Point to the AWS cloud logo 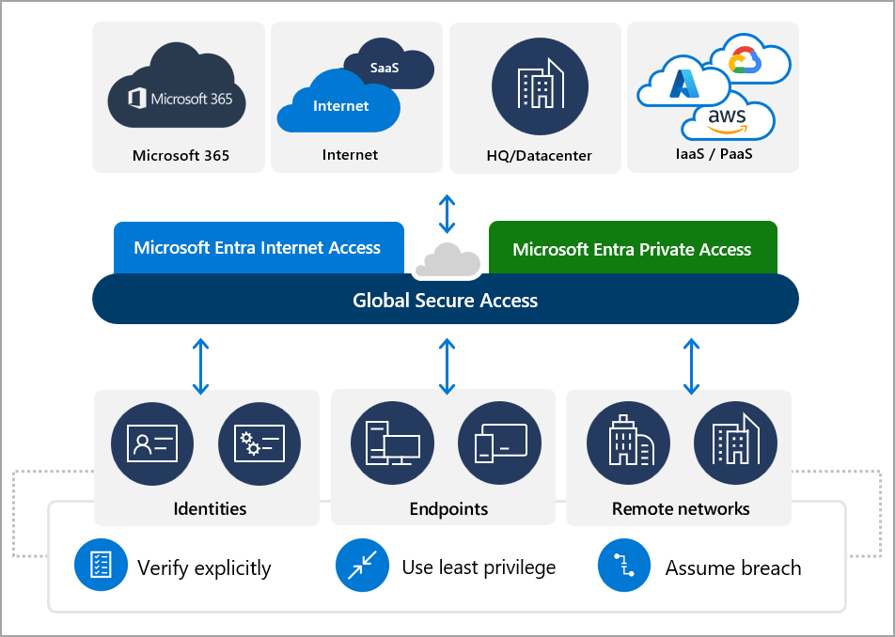coord(728,119)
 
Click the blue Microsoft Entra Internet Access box coord(258,248)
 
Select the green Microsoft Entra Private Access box coord(632,248)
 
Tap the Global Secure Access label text coord(445,301)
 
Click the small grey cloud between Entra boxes coord(447,260)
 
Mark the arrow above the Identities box coord(200,366)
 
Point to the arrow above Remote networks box coord(691,366)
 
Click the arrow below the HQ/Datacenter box coord(447,213)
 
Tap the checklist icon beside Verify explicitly coord(100,567)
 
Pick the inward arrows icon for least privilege coord(361,567)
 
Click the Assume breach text coord(733,568)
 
